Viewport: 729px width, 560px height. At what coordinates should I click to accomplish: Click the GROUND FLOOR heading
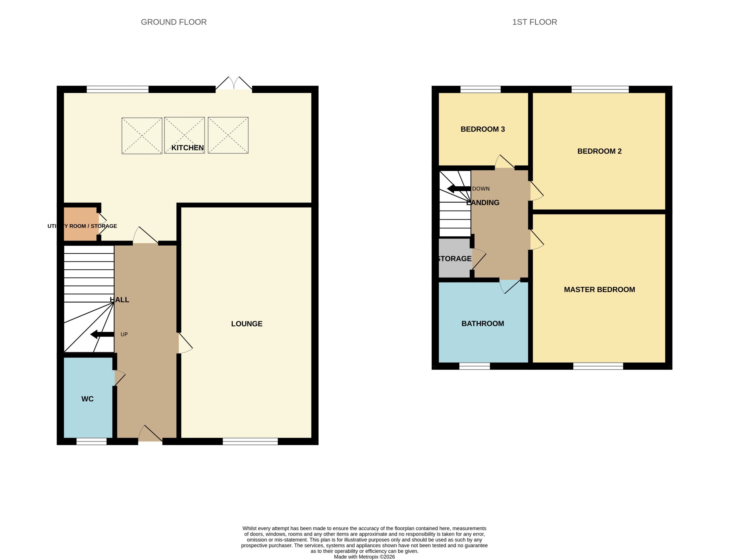pyautogui.click(x=174, y=22)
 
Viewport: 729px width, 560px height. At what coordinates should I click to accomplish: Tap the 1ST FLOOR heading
pyautogui.click(x=534, y=22)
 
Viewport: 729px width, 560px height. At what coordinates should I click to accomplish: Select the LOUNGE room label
pyautogui.click(x=247, y=324)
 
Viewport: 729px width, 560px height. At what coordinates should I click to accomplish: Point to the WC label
pyautogui.click(x=87, y=399)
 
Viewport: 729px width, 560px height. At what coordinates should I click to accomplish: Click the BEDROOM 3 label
pyautogui.click(x=483, y=129)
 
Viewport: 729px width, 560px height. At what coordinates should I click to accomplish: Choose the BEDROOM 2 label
pyautogui.click(x=599, y=151)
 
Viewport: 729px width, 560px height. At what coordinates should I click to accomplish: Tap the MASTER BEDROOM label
pyautogui.click(x=599, y=289)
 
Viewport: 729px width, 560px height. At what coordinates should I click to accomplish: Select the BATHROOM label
pyautogui.click(x=483, y=323)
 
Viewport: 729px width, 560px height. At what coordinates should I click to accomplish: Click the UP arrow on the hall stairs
pyautogui.click(x=102, y=334)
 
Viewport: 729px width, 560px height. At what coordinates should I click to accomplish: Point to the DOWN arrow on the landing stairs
pyautogui.click(x=459, y=189)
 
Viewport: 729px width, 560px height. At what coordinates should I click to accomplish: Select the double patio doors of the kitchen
pyautogui.click(x=234, y=83)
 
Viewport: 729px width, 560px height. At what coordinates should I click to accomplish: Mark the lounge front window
pyautogui.click(x=250, y=441)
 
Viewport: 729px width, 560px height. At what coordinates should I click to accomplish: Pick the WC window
pyautogui.click(x=91, y=441)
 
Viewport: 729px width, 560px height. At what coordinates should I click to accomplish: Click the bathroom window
pyautogui.click(x=475, y=366)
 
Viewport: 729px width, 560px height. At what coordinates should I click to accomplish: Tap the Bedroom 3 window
pyautogui.click(x=480, y=89)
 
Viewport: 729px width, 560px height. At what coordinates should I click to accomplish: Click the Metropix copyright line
pyautogui.click(x=364, y=557)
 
